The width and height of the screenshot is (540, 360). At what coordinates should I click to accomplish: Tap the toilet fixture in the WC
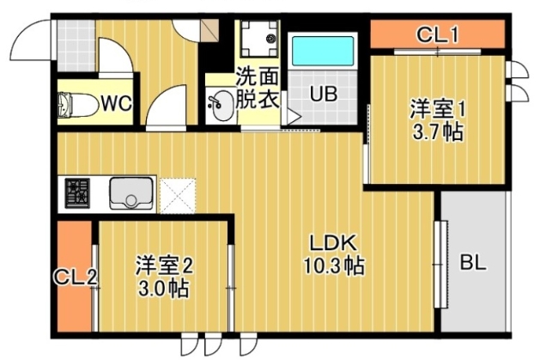pos(77,104)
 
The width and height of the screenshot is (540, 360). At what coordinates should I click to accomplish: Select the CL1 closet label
pos(438,35)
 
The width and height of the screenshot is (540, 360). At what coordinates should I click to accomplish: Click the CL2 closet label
pos(74,278)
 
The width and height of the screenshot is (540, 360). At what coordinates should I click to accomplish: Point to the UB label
pos(323,94)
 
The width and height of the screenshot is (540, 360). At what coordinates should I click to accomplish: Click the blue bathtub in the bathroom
pos(322,52)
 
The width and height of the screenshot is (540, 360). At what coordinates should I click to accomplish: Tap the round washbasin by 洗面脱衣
pos(220,107)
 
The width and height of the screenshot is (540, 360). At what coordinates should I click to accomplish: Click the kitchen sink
pos(131,194)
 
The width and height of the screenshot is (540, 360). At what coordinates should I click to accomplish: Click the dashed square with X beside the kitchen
pos(179,193)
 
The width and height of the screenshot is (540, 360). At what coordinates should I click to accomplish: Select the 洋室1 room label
pos(437,110)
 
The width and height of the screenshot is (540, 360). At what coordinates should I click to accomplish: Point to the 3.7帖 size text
pos(437,133)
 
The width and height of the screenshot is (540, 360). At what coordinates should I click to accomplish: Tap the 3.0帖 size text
pos(163,288)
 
